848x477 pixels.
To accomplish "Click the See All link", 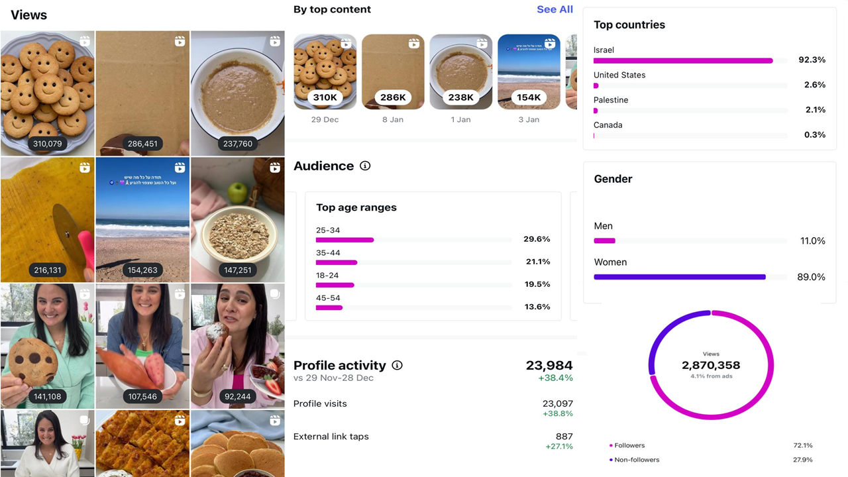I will click(x=555, y=9).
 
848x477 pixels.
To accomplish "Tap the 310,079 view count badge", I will click(x=47, y=144).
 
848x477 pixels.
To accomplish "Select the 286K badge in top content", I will click(x=393, y=97).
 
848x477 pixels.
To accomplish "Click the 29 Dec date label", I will click(x=325, y=120).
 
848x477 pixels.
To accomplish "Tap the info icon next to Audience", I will click(x=365, y=166).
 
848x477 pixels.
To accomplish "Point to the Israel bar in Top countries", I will click(x=683, y=60).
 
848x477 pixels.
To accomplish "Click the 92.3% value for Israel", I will click(x=812, y=60).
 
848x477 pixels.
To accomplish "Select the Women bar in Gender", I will click(x=680, y=277).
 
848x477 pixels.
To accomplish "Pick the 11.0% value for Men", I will click(x=812, y=241).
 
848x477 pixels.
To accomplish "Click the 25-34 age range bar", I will click(x=344, y=240).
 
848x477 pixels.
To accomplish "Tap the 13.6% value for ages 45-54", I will click(x=537, y=307).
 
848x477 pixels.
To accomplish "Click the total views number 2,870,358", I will click(x=711, y=365).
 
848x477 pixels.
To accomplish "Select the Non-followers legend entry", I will click(x=636, y=460).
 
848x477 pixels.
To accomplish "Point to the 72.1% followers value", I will click(x=803, y=445).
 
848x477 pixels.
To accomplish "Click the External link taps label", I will click(x=331, y=437).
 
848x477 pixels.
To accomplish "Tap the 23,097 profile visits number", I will click(x=557, y=403).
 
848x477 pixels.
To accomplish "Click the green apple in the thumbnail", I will click(x=237, y=193).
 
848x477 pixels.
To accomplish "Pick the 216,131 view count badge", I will click(x=47, y=270).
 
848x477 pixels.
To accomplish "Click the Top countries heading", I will click(x=629, y=25).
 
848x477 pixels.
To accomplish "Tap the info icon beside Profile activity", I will click(x=397, y=365).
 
